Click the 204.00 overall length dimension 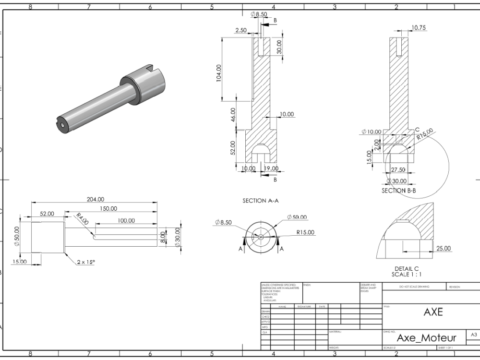click(95, 199)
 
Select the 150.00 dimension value click(108, 208)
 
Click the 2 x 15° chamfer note click(86, 262)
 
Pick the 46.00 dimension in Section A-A click(233, 115)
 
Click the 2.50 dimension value click(241, 30)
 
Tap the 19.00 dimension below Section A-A click(271, 168)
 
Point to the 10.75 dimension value click(419, 28)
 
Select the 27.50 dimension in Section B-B click(398, 170)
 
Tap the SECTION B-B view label click(398, 191)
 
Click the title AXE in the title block click(432, 312)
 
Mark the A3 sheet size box click(473, 335)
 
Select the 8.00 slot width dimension click(163, 237)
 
